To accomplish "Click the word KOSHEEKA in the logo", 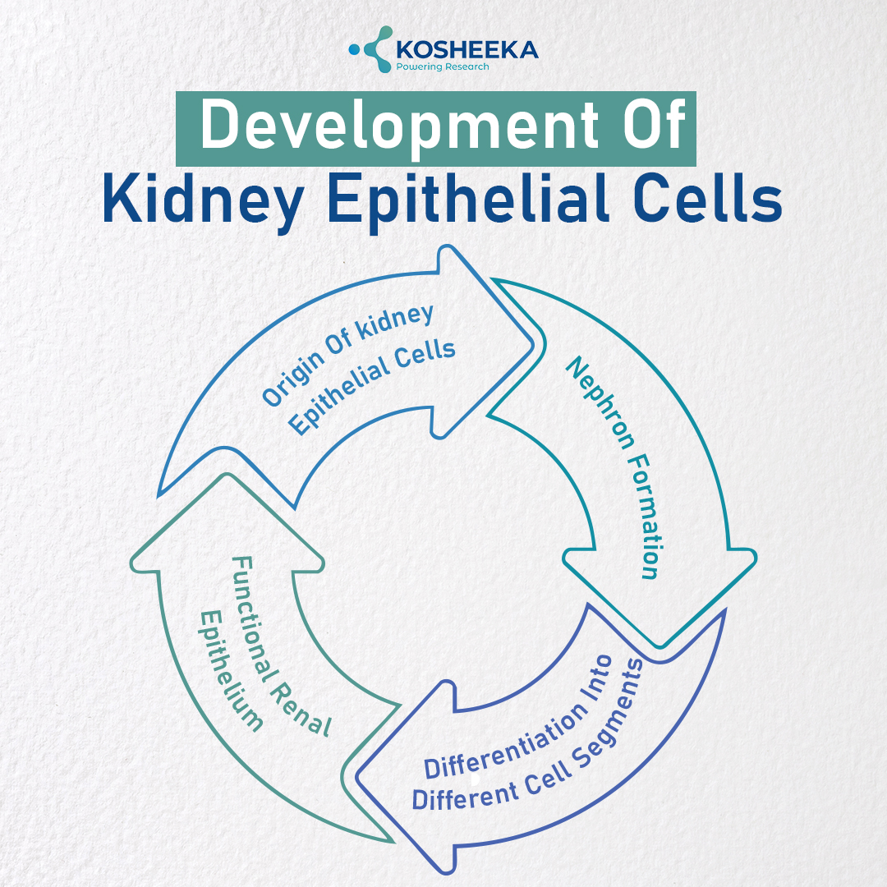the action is pyautogui.click(x=467, y=50).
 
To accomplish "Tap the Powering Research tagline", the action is pyautogui.click(x=443, y=67).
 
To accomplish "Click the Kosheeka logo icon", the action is pyautogui.click(x=371, y=49).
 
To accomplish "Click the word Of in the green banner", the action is pyautogui.click(x=655, y=125).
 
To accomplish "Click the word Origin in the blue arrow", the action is pyautogui.click(x=293, y=378).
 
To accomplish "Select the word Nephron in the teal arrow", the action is pyautogui.click(x=600, y=402).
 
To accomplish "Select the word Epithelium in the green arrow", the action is pyautogui.click(x=230, y=671).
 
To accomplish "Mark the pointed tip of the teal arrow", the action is pyautogui.click(x=660, y=646).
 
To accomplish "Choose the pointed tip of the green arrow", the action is pyautogui.click(x=227, y=476).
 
